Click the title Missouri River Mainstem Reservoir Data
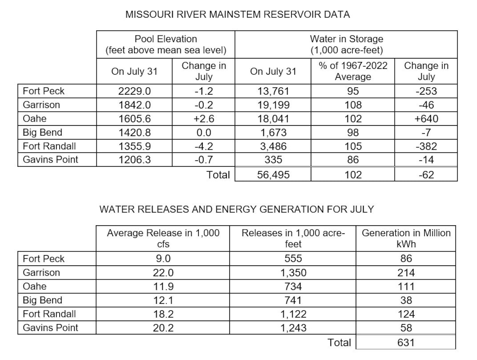click(237, 14)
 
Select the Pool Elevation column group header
click(165, 44)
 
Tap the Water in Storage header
click(346, 44)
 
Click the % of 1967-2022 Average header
click(353, 71)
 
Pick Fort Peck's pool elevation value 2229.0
click(134, 91)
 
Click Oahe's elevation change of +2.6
click(203, 119)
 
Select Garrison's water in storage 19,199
click(273, 105)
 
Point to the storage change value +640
click(426, 119)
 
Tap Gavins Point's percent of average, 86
click(353, 159)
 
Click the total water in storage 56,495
click(273, 175)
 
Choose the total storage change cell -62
click(426, 175)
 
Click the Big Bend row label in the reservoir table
click(43, 132)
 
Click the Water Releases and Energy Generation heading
click(237, 209)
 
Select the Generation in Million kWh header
click(406, 238)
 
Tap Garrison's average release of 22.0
click(163, 273)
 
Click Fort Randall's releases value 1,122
click(293, 314)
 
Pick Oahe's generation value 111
click(406, 287)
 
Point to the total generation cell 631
click(406, 342)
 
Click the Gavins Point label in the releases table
click(50, 328)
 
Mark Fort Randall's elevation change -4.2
click(203, 146)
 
